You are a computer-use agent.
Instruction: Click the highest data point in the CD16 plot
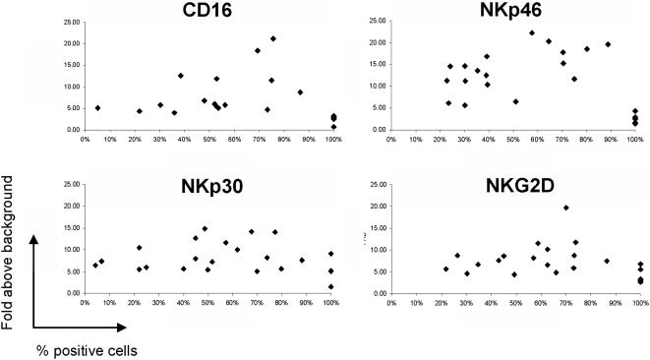tap(273, 38)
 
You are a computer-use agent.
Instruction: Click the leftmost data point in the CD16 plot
tap(97, 108)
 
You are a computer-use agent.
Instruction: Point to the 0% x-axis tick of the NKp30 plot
tap(85, 303)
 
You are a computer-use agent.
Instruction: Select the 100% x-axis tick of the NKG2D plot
tap(638, 303)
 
